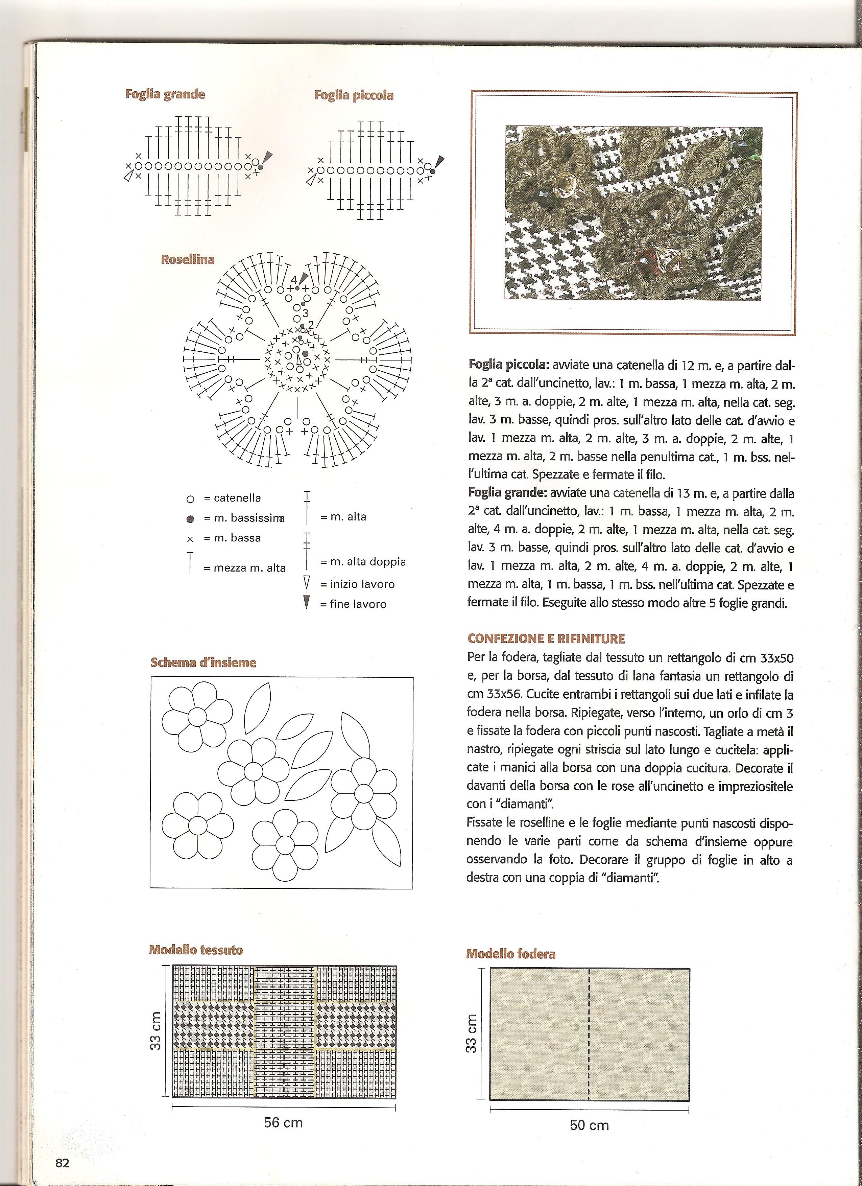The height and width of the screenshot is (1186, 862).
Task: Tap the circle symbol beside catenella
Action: [190, 499]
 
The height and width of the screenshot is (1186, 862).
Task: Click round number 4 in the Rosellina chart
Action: [294, 280]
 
